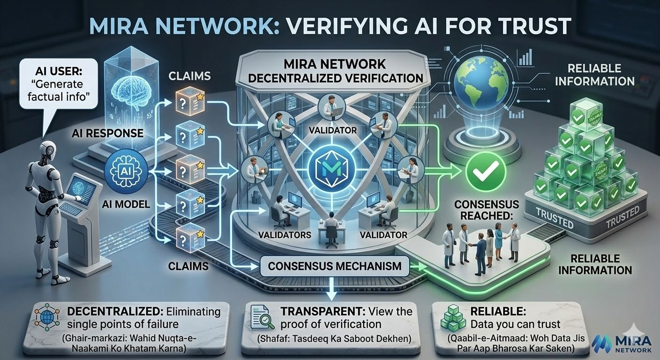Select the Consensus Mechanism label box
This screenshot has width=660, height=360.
pos(335,266)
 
